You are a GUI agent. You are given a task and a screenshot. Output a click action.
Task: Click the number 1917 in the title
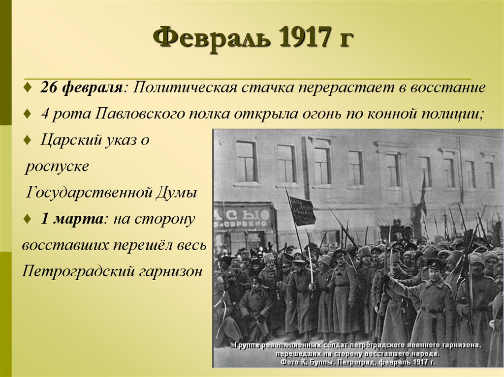pos(301,38)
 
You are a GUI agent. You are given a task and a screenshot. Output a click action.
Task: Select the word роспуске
pos(58,166)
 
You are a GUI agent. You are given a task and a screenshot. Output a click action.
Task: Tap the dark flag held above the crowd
pos(301,210)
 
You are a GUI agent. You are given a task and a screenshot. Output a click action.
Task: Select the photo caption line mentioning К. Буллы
pos(357,362)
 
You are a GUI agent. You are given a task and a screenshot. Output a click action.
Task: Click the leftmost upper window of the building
pos(246,162)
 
